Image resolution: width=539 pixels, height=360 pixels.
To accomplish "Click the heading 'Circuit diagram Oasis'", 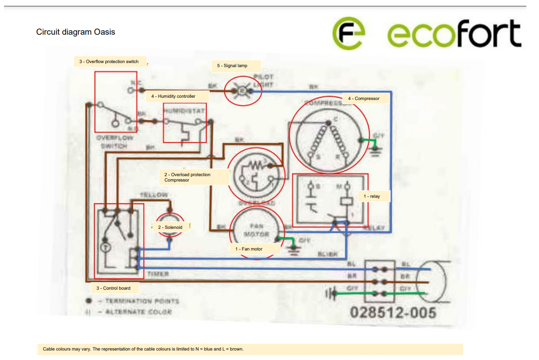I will (x=76, y=32).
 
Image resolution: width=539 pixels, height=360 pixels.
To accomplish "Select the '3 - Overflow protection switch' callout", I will (x=112, y=61).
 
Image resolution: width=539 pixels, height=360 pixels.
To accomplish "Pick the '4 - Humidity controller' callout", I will (x=173, y=96).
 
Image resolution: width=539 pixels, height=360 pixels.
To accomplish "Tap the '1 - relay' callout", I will (x=371, y=196).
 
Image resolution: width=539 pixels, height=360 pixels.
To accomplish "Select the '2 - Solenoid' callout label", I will (x=170, y=228).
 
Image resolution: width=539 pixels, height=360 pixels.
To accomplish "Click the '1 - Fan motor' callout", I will (x=249, y=249).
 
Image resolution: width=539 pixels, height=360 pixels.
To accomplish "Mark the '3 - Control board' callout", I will (x=113, y=288).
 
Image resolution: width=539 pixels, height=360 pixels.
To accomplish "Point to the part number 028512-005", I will (x=393, y=312).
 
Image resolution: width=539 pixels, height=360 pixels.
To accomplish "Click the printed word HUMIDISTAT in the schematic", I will (x=184, y=111).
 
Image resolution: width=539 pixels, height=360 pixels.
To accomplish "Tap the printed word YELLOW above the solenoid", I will (x=154, y=195).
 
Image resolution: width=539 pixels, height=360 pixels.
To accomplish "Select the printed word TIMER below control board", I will (x=158, y=273).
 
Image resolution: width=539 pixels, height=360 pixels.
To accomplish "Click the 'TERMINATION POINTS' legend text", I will (x=141, y=301).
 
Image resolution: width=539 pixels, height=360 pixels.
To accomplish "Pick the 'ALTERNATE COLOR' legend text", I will (x=138, y=311).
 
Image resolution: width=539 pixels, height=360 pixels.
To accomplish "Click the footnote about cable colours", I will (x=143, y=349).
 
